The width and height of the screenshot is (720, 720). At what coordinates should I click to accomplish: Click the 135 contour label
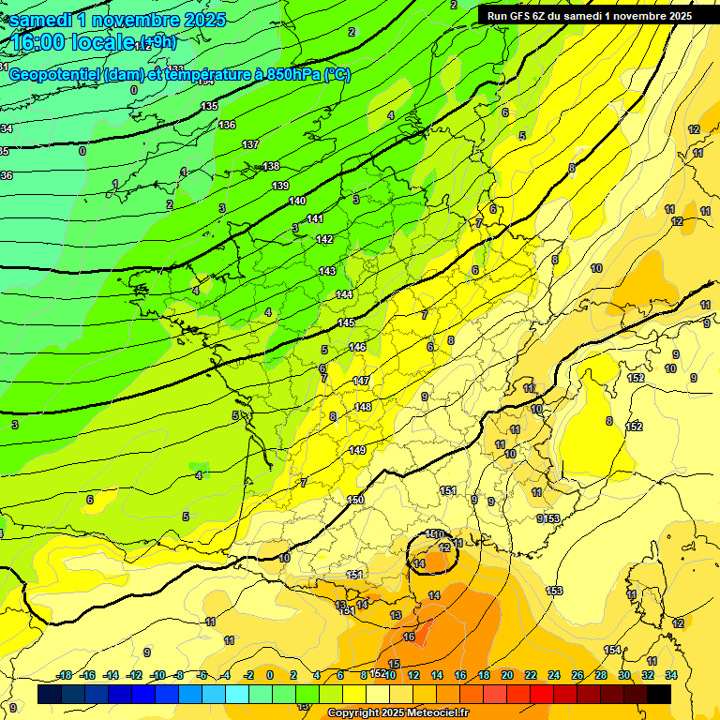tap(210, 106)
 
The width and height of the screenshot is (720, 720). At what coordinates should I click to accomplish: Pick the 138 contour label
tap(271, 166)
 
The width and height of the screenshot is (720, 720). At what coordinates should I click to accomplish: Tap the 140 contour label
tap(297, 201)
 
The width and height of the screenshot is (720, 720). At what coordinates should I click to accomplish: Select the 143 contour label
tap(327, 271)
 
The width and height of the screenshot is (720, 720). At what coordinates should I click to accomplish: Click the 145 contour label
tap(346, 322)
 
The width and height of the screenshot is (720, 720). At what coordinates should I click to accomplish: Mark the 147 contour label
tap(362, 381)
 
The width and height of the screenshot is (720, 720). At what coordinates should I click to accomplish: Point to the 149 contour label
tap(357, 450)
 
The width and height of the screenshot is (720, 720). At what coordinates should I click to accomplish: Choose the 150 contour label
tap(355, 500)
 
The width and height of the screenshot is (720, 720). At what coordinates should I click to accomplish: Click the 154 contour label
tap(612, 650)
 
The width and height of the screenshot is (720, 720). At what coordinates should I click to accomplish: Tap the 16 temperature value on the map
tap(409, 637)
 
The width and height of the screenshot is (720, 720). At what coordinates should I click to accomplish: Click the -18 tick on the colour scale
tap(65, 675)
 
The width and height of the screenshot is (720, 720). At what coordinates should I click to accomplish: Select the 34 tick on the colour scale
tap(671, 675)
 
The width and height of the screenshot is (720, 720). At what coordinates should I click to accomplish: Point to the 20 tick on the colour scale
tap(506, 675)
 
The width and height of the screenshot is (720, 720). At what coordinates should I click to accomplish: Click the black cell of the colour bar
tap(659, 695)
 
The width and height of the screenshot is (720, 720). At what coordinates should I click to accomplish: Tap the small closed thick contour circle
tap(432, 553)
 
